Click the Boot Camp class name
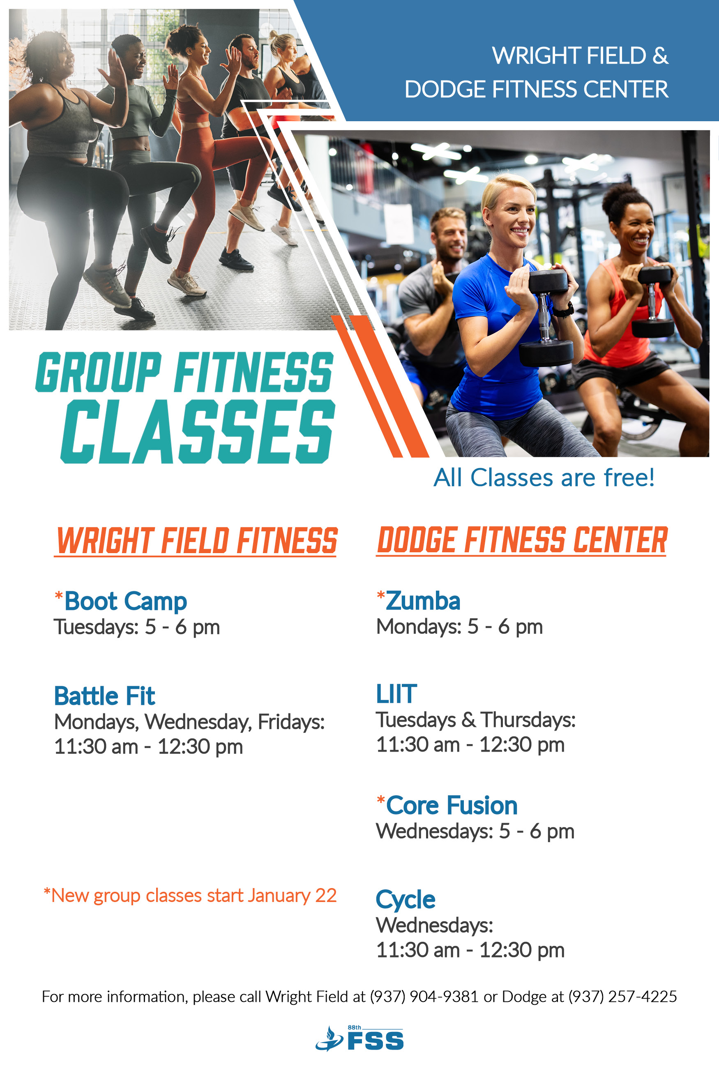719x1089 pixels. coord(126,602)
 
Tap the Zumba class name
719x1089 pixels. coord(423,601)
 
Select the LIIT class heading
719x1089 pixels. coord(396,694)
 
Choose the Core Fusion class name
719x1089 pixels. coord(452,805)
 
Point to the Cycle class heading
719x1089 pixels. coord(406,900)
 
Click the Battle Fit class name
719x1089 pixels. coord(104,696)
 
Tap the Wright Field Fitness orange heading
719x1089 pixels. coord(196,541)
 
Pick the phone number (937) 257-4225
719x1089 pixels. coord(623,997)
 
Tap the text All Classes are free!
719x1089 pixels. coord(544,478)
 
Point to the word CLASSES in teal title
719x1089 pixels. coord(198,431)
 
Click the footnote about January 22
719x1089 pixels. coord(190,895)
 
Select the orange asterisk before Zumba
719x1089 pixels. coord(380,595)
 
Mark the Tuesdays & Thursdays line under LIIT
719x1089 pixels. coord(475,720)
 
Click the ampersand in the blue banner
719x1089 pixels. coord(660,55)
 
